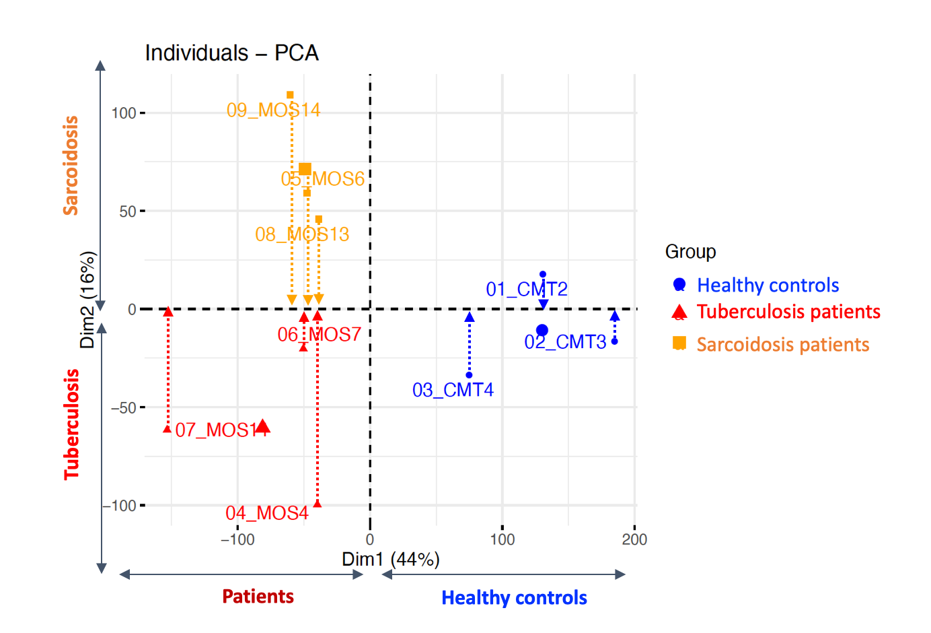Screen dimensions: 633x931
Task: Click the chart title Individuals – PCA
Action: (231, 53)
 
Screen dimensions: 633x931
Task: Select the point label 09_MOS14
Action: (273, 110)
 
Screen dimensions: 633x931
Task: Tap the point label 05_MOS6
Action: (322, 179)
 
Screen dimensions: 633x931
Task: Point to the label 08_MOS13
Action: (302, 234)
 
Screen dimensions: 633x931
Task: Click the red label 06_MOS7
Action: (320, 335)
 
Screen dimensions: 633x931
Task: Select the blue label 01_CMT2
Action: (527, 290)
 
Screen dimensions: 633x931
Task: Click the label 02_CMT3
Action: (565, 342)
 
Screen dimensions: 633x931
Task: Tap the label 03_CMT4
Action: (453, 390)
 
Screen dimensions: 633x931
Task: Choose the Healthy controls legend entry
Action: (768, 286)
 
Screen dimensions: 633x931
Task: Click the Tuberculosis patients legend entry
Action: (788, 312)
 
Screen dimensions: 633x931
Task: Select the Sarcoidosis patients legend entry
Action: (782, 345)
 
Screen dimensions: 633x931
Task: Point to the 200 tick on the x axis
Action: (634, 539)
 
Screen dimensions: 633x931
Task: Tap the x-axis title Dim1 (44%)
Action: (391, 560)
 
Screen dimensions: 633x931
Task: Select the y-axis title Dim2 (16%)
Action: (88, 300)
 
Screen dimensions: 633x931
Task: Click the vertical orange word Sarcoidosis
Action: (71, 166)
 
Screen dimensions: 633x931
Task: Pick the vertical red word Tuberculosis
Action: (72, 424)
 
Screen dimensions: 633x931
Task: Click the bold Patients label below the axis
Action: (258, 597)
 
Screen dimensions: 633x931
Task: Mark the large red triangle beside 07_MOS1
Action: (263, 426)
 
